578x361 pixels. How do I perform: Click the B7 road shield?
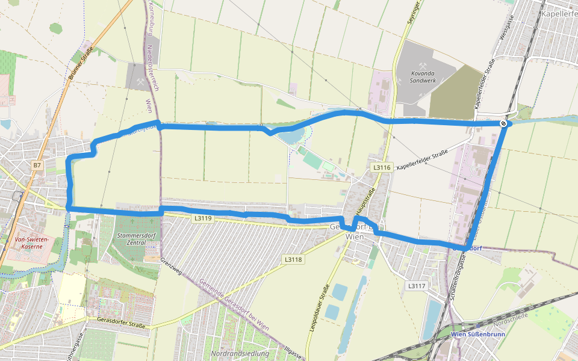37,165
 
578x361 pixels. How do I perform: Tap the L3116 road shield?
382,168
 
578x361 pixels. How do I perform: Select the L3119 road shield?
203,218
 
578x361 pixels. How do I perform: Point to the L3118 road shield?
293,259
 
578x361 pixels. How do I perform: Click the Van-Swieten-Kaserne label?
32,242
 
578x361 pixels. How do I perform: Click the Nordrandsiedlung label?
240,353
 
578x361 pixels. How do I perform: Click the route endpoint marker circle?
503,123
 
